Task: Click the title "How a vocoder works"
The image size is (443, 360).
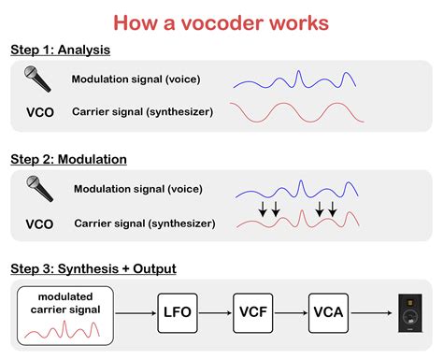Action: click(221, 21)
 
